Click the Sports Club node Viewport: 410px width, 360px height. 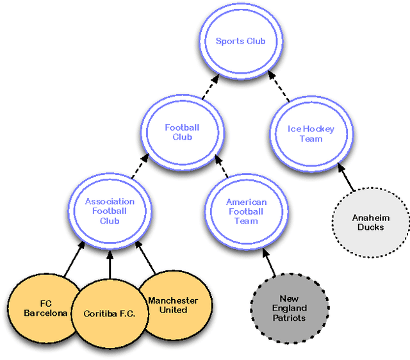coord(240,42)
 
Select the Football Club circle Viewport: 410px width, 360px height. coord(182,132)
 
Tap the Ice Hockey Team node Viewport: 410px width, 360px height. coord(311,134)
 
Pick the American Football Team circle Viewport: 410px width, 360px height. coord(246,211)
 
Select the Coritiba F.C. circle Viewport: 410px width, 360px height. coord(109,314)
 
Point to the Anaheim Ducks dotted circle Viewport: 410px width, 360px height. coord(370,223)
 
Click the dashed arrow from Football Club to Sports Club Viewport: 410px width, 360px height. coord(209,88)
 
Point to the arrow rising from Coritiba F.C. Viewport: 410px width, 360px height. coord(110,264)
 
